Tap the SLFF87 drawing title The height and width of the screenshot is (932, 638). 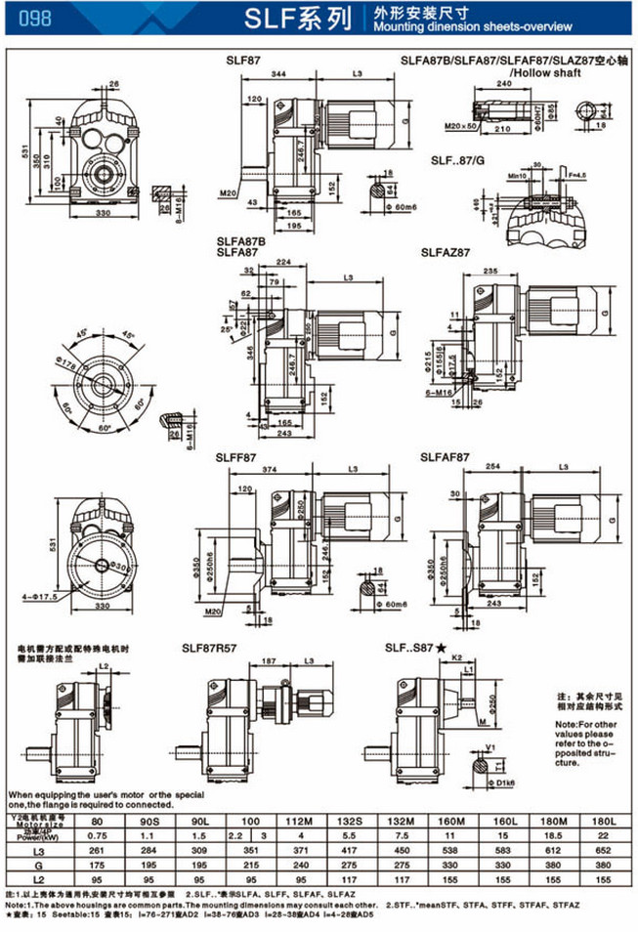click(237, 456)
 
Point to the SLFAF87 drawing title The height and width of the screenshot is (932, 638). click(446, 456)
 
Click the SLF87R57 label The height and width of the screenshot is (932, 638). click(211, 647)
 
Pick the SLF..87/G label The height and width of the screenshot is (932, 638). click(458, 158)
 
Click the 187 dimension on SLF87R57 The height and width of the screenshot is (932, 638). click(269, 661)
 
